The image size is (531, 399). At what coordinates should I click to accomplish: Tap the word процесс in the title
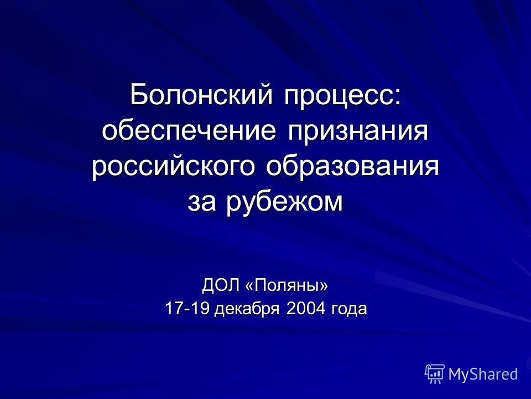[339, 95]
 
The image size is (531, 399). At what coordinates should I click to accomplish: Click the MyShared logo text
[483, 375]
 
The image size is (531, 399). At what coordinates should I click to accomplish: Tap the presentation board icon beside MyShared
[435, 374]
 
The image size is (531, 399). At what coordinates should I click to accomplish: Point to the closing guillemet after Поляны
[324, 287]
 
